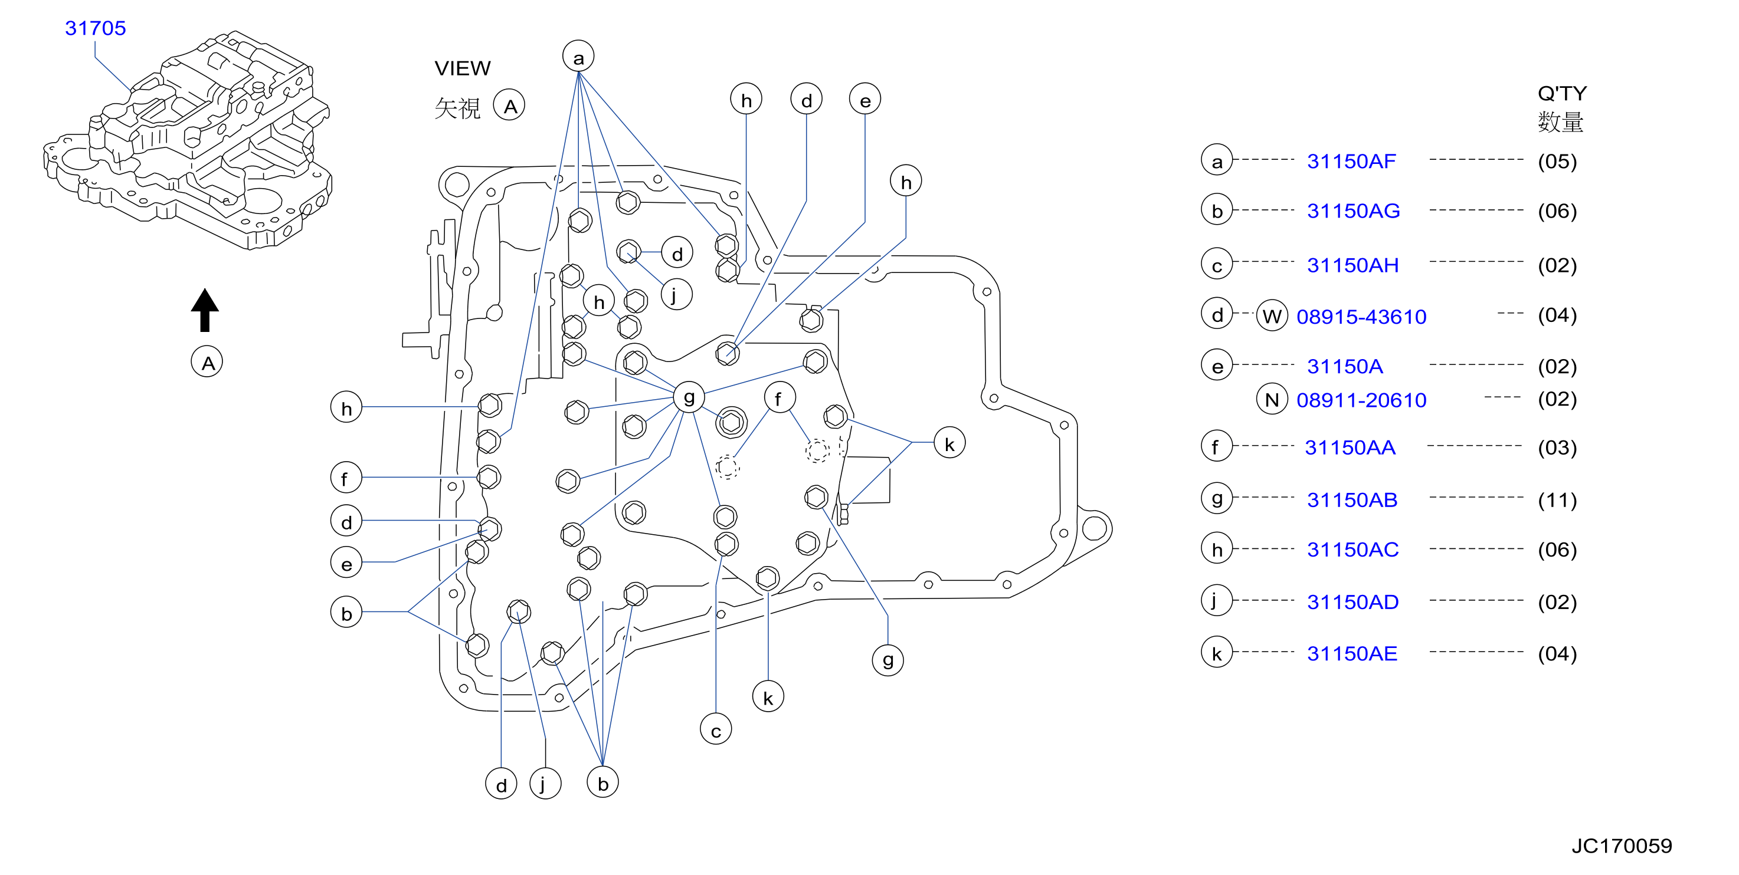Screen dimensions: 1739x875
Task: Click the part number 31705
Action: [x=95, y=28]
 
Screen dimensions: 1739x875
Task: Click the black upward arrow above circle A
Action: [x=205, y=310]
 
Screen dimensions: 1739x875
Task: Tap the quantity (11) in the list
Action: [x=1557, y=500]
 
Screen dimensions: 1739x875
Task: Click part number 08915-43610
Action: [x=1361, y=317]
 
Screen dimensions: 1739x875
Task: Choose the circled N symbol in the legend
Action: [x=1272, y=399]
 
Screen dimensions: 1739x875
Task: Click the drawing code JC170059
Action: [x=1622, y=846]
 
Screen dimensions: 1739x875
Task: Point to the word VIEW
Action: [x=463, y=68]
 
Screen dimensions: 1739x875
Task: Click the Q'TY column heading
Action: [x=1562, y=93]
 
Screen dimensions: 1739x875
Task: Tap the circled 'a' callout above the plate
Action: [x=578, y=57]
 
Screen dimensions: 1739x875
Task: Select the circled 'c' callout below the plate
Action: [x=716, y=729]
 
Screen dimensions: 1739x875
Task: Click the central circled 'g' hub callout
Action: [x=689, y=397]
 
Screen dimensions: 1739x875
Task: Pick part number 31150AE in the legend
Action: [x=1351, y=653]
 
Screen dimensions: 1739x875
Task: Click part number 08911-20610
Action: [x=1361, y=400]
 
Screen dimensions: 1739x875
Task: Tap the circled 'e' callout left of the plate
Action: [x=346, y=562]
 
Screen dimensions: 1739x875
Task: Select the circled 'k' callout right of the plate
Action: [x=949, y=443]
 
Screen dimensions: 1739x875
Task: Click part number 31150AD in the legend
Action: [x=1352, y=602]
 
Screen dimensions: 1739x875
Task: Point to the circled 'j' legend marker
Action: [x=1217, y=600]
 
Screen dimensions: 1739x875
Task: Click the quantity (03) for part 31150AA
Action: [x=1557, y=448]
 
